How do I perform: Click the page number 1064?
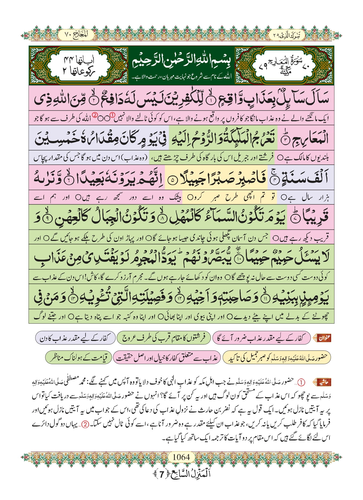pyautogui.click(x=181, y=457)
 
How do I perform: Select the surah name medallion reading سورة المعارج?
pyautogui.click(x=284, y=65)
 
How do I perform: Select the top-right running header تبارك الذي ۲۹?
pyautogui.click(x=287, y=35)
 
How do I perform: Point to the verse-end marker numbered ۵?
pyautogui.click(x=173, y=180)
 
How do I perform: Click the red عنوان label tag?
pyautogui.click(x=324, y=338)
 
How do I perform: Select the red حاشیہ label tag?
pyautogui.click(x=323, y=382)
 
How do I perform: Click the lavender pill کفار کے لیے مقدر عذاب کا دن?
pyautogui.click(x=75, y=338)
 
